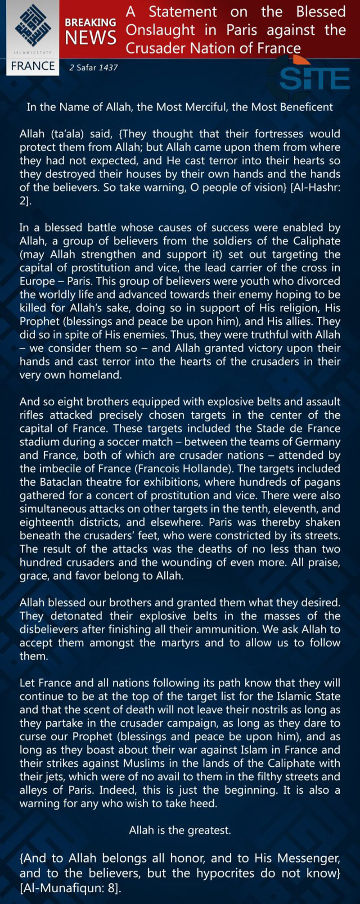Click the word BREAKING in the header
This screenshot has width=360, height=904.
[90, 23]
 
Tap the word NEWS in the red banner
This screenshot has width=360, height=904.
[90, 38]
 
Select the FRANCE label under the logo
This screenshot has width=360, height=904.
[33, 66]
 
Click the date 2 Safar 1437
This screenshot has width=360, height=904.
[94, 68]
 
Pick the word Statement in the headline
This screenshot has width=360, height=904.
[183, 11]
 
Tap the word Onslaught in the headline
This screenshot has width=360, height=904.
[160, 30]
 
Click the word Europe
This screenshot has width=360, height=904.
[37, 281]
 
